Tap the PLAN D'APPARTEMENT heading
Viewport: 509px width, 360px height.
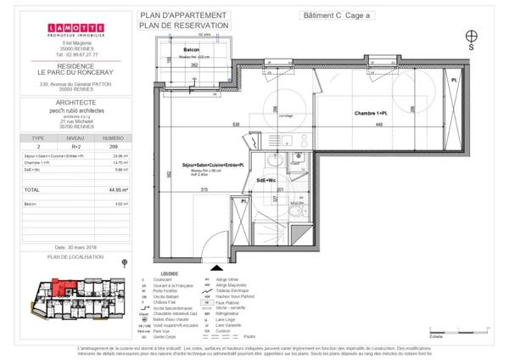coord(182,15)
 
